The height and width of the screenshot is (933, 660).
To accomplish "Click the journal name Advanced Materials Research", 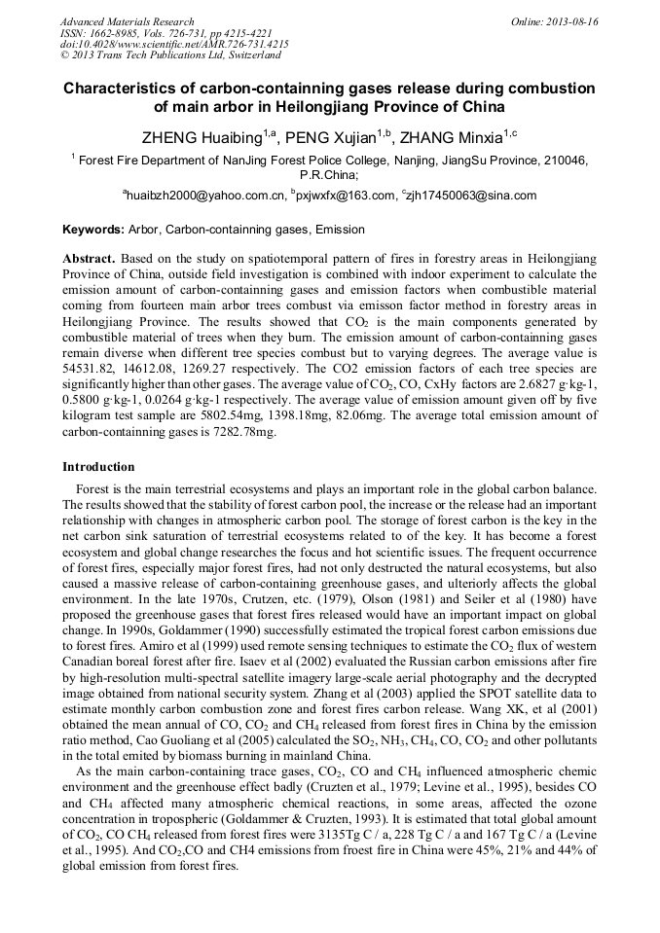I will coord(127,21).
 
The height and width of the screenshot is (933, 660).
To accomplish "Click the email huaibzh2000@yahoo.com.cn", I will coord(203,196).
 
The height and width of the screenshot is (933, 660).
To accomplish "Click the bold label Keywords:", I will coord(93,231).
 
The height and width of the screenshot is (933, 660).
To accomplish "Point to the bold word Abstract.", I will coord(89,260).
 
